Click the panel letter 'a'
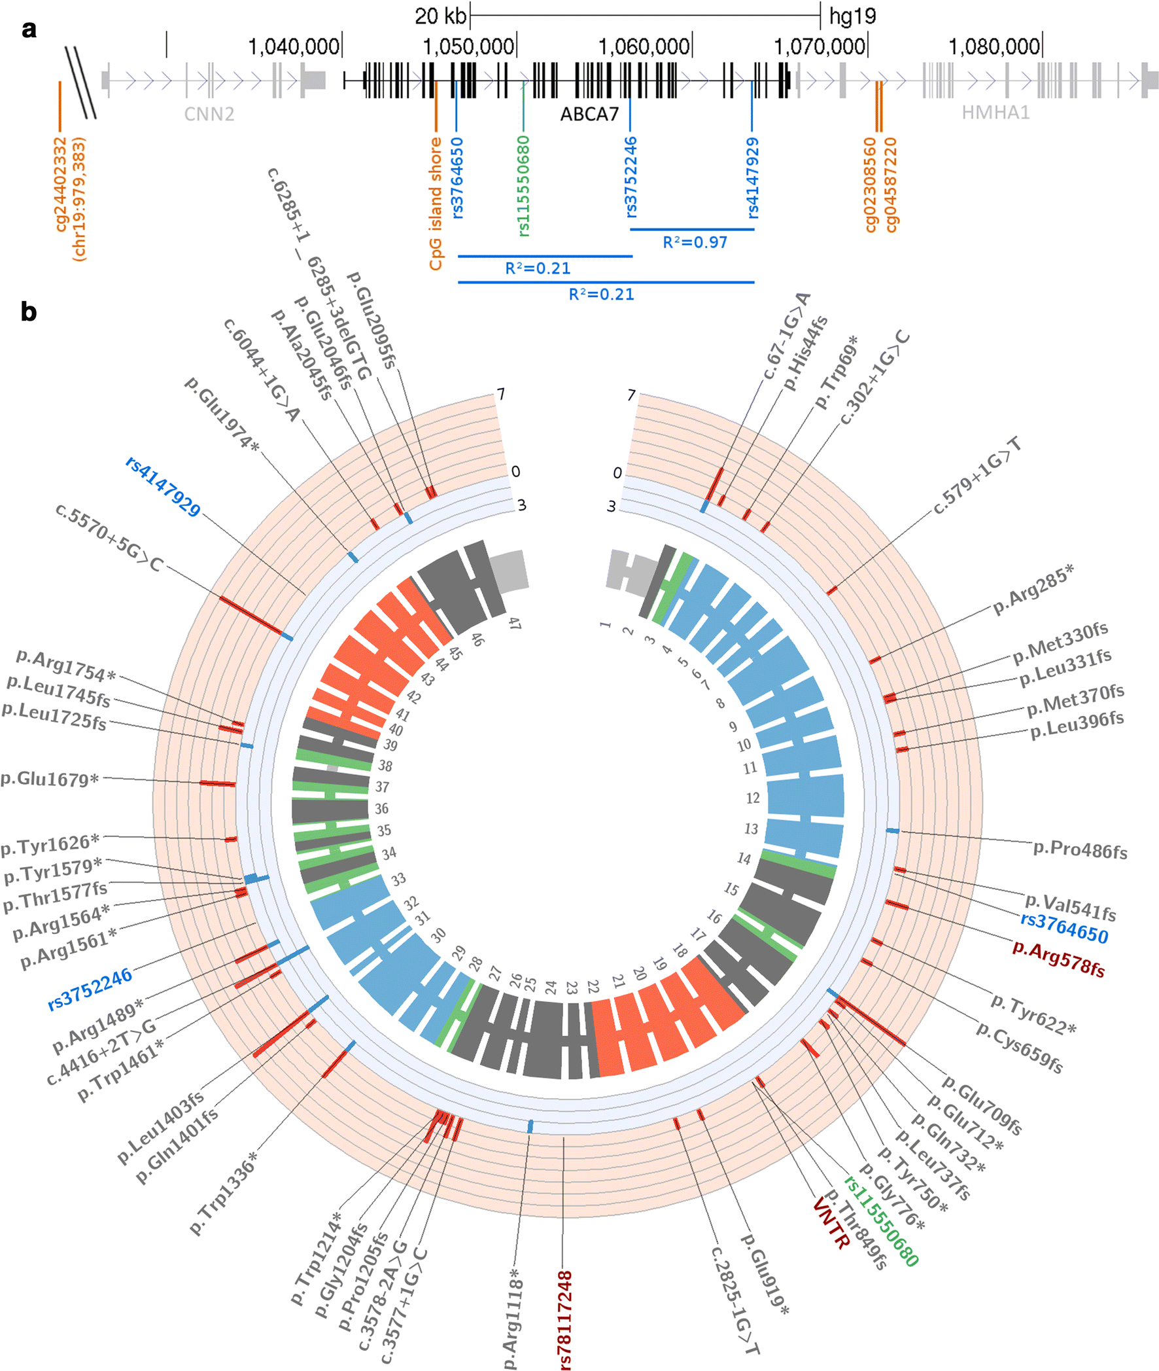(29, 30)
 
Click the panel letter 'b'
(28, 312)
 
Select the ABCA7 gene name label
(589, 115)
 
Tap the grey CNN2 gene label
(209, 115)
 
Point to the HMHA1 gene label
(995, 113)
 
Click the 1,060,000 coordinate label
(644, 46)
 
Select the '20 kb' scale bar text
(440, 16)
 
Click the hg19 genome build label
(852, 16)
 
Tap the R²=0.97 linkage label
(695, 243)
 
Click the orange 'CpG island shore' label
(436, 204)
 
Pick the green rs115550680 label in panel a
(524, 186)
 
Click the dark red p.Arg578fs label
(1058, 959)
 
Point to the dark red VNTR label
(831, 1223)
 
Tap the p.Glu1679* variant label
(50, 779)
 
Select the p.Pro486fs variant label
(1080, 850)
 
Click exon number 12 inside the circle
(753, 798)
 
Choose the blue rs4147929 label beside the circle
(163, 487)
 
